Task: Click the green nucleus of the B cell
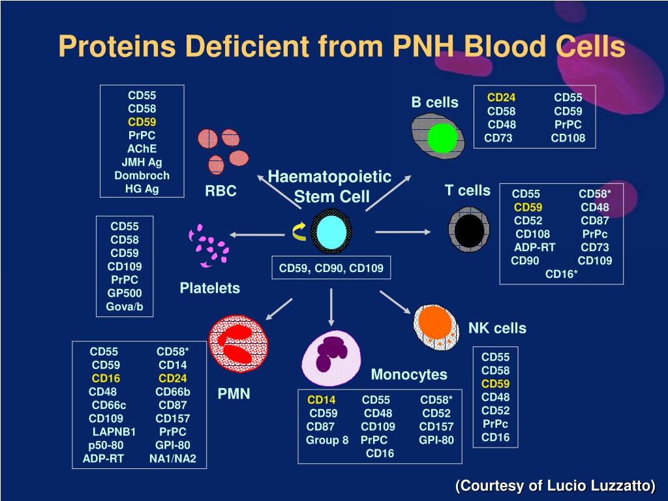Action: pyautogui.click(x=442, y=138)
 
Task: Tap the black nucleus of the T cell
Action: pyautogui.click(x=469, y=230)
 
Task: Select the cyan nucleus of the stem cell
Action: pyautogui.click(x=331, y=232)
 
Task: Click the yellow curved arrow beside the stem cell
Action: pyautogui.click(x=299, y=232)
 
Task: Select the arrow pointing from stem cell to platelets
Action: pyautogui.click(x=257, y=234)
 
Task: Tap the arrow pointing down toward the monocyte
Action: pyautogui.click(x=331, y=307)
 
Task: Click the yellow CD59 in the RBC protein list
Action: pyautogui.click(x=142, y=122)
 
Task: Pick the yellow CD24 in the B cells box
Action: pyautogui.click(x=502, y=98)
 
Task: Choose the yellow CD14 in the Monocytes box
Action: pyautogui.click(x=321, y=400)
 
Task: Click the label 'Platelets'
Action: pyautogui.click(x=209, y=288)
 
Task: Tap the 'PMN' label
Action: pyautogui.click(x=234, y=393)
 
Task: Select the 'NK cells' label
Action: pyautogui.click(x=497, y=328)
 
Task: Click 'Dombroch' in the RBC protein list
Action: pyautogui.click(x=142, y=175)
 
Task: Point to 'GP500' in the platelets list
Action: pyautogui.click(x=125, y=293)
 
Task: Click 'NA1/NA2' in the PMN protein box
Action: pyautogui.click(x=172, y=459)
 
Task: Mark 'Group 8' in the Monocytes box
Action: pyautogui.click(x=327, y=440)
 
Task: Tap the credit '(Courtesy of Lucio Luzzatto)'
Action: pyautogui.click(x=556, y=485)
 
